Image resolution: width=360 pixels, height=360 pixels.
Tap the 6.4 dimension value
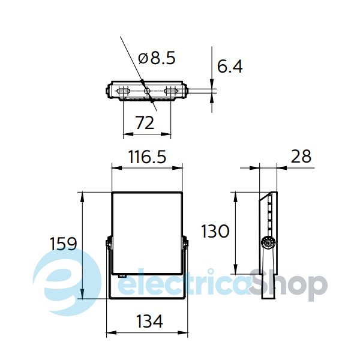tap(230, 67)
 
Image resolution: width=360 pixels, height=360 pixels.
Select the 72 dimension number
tap(145, 123)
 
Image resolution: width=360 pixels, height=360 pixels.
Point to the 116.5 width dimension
tap(147, 157)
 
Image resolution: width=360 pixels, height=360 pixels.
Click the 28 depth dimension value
tap(301, 157)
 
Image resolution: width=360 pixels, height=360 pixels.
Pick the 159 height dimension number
tap(64, 244)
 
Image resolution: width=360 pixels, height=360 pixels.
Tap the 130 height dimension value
tap(215, 231)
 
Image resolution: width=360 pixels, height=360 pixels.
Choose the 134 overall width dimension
tap(149, 321)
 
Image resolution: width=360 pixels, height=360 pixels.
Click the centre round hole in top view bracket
tap(147, 91)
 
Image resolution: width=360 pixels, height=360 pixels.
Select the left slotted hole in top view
tap(124, 91)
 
